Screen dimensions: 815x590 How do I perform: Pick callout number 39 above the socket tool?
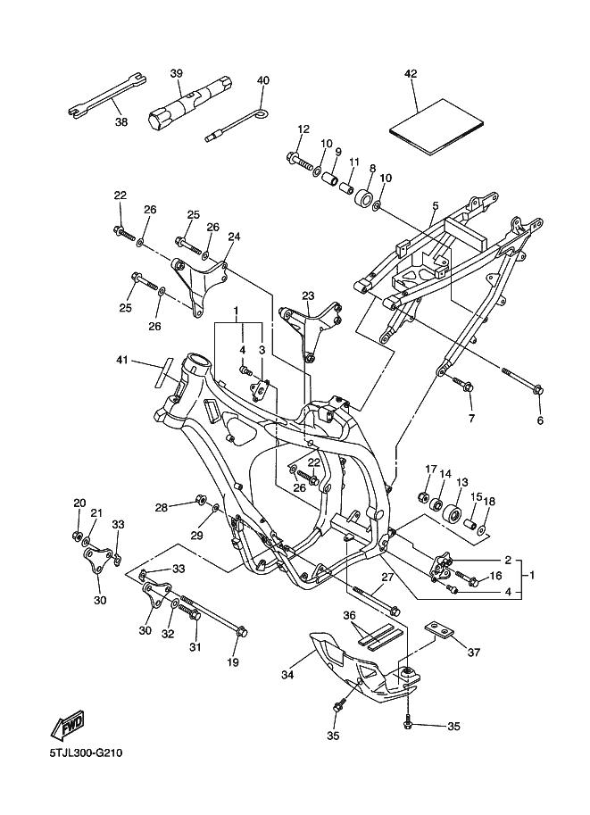(x=177, y=72)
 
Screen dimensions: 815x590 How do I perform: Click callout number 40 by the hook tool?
(x=262, y=80)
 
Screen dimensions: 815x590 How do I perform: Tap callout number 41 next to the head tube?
(x=122, y=360)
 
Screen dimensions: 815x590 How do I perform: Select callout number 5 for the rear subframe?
(x=435, y=207)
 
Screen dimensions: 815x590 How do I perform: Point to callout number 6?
(x=539, y=420)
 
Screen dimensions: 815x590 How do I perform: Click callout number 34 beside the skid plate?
(x=287, y=676)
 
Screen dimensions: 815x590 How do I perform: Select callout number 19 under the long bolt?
(x=233, y=662)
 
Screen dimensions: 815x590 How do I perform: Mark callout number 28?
(x=162, y=507)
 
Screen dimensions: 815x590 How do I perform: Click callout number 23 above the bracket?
(x=308, y=295)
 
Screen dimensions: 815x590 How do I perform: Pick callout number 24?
(x=235, y=237)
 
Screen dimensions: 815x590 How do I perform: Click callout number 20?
(x=79, y=503)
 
